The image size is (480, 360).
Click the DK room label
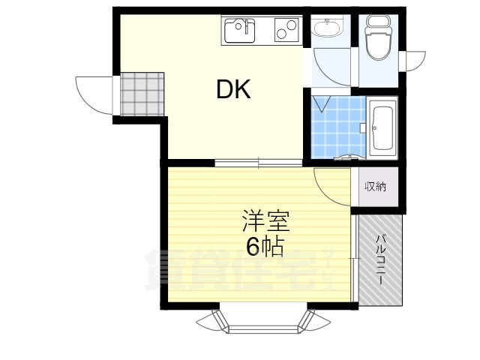(x=233, y=90)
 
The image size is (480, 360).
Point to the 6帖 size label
(x=265, y=246)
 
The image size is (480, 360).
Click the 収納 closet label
(x=375, y=187)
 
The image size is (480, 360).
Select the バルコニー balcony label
(x=380, y=259)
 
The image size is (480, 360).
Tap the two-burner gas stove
(x=286, y=31)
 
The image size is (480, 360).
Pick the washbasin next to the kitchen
(x=327, y=30)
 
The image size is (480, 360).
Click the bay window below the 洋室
(x=262, y=320)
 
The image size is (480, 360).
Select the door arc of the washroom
(x=328, y=69)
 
